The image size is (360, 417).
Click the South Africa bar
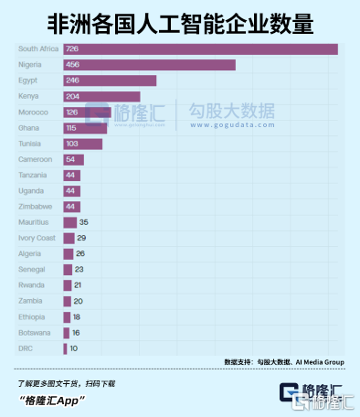(x=200, y=49)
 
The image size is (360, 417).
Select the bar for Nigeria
(x=149, y=65)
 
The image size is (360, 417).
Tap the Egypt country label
(x=27, y=80)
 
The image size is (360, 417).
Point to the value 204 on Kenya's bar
(x=72, y=97)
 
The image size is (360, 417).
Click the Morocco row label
(x=33, y=112)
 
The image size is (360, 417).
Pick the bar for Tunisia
(x=83, y=144)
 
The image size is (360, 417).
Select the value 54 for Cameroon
(x=70, y=159)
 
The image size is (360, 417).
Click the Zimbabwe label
(x=35, y=207)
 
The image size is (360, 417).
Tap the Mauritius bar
(x=70, y=222)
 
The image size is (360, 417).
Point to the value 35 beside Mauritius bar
(x=84, y=222)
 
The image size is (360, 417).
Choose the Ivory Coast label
(x=37, y=238)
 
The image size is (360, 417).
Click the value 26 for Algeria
(x=80, y=253)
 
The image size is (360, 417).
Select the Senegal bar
(x=68, y=270)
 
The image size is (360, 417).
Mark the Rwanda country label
(x=31, y=285)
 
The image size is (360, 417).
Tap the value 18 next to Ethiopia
(x=77, y=317)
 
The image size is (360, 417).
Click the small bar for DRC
(x=65, y=348)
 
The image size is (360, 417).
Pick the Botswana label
(x=35, y=333)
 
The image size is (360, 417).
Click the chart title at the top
(x=180, y=24)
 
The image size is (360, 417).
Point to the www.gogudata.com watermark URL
(x=233, y=125)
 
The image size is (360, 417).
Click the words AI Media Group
(x=320, y=362)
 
